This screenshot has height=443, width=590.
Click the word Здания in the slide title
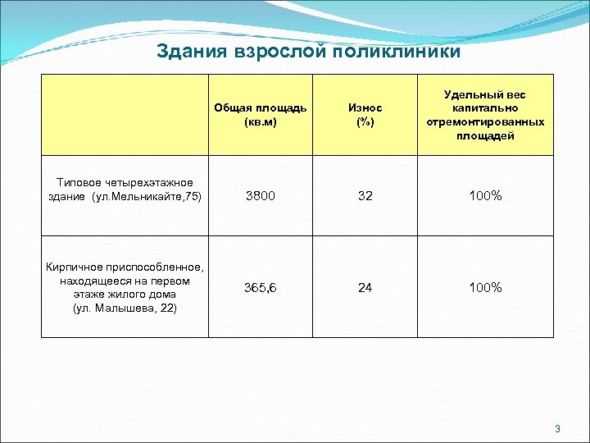pyautogui.click(x=192, y=52)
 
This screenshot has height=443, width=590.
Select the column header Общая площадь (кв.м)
pyautogui.click(x=261, y=115)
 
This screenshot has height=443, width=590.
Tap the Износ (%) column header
pyautogui.click(x=365, y=115)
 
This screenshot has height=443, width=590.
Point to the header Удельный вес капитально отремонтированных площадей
pyautogui.click(x=485, y=115)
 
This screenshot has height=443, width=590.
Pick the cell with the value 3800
pyautogui.click(x=261, y=197)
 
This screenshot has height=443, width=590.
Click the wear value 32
pyautogui.click(x=365, y=197)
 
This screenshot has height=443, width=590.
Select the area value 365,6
pyautogui.click(x=261, y=288)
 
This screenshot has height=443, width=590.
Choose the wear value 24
pyautogui.click(x=365, y=288)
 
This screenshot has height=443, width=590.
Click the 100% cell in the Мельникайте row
pyautogui.click(x=485, y=197)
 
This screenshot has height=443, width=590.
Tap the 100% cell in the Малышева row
pyautogui.click(x=485, y=288)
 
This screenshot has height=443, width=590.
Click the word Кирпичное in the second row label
pyautogui.click(x=77, y=267)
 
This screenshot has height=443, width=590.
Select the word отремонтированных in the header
pyautogui.click(x=485, y=121)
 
